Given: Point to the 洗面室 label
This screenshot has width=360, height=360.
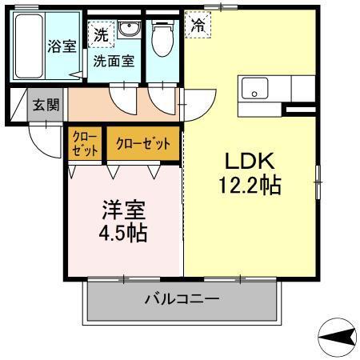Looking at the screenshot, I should pyautogui.click(x=112, y=60).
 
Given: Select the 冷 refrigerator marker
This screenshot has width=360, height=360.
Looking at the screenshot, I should pyautogui.click(x=197, y=25).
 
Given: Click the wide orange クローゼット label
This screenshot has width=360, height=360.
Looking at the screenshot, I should pyautogui.click(x=142, y=144).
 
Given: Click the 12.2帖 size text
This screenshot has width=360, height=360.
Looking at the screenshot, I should pyautogui.click(x=249, y=186).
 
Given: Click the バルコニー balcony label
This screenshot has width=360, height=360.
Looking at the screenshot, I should pyautogui.click(x=182, y=300).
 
